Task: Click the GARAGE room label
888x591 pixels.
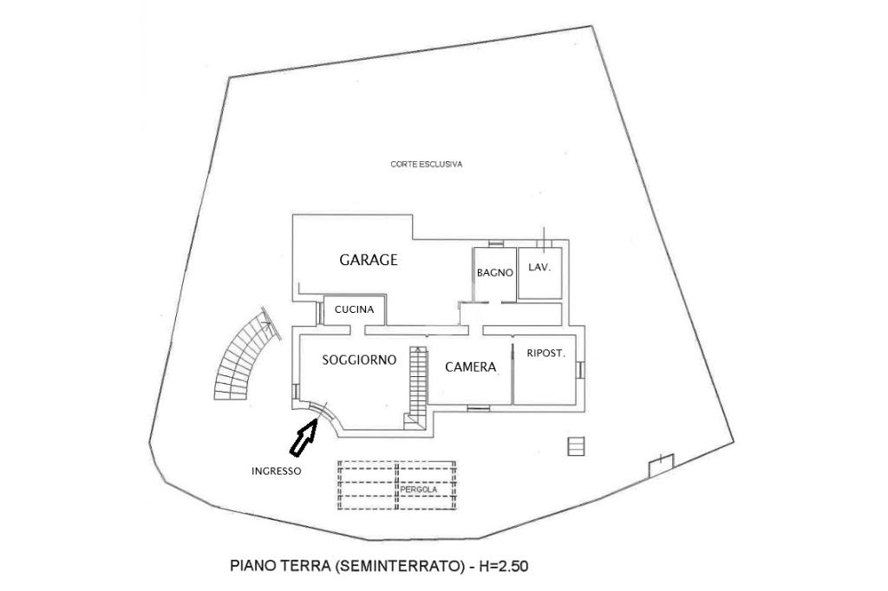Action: [369, 259]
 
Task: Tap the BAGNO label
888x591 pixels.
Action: [495, 272]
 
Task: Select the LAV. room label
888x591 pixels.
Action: [539, 268]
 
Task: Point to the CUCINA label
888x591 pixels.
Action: [354, 309]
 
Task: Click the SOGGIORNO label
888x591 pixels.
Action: [359, 360]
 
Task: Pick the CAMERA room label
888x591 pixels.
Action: [470, 367]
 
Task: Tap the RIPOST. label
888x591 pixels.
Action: [546, 353]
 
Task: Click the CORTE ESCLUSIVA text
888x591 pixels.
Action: [426, 164]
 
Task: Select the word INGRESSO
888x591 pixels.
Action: [276, 471]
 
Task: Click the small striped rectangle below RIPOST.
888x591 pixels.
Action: [577, 445]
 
